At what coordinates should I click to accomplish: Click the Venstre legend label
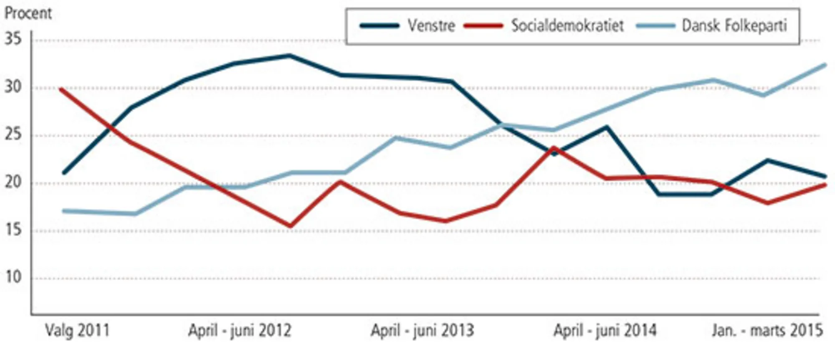click(x=431, y=26)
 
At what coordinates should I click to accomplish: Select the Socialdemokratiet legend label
click(x=567, y=26)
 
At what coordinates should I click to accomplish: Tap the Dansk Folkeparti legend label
click(x=734, y=26)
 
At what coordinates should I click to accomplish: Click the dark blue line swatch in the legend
click(x=380, y=26)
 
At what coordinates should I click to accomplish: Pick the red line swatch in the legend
click(x=483, y=26)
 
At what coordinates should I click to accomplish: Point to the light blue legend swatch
click(x=655, y=26)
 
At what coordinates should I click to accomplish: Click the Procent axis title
click(x=28, y=13)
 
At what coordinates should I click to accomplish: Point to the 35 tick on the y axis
click(x=13, y=40)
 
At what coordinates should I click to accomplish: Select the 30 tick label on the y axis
click(x=13, y=87)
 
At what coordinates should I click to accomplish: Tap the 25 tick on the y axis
click(x=13, y=135)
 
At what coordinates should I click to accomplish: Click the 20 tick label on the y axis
click(x=13, y=183)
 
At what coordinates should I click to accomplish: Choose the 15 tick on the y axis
click(x=13, y=231)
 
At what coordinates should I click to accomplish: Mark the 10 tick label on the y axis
click(x=13, y=278)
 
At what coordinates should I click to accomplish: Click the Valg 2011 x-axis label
click(x=77, y=331)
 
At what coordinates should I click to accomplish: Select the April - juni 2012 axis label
click(x=240, y=331)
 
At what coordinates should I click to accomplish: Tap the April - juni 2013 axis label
click(x=423, y=331)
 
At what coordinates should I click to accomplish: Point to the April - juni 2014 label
click(x=605, y=331)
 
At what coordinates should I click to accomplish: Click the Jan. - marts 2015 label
click(x=767, y=331)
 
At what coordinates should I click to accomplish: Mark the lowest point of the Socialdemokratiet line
click(x=290, y=226)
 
